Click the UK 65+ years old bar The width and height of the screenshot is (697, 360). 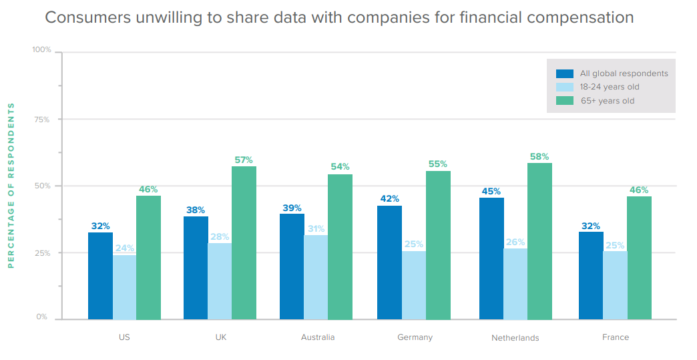[244, 242]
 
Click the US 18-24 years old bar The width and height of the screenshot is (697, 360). [124, 287]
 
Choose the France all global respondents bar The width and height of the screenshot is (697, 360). [591, 275]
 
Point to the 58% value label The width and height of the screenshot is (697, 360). [539, 157]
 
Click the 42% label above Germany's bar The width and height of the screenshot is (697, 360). [389, 198]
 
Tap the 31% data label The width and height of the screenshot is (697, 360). [316, 228]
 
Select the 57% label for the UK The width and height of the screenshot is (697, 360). [244, 160]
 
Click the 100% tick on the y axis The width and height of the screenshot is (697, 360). [41, 50]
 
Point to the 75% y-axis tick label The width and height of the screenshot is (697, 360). [43, 119]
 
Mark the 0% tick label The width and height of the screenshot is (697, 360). [42, 317]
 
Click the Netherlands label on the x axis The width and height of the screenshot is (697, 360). [515, 338]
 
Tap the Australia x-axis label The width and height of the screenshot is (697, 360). [318, 337]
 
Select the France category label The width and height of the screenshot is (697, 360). [616, 337]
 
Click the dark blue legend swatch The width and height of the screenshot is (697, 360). [565, 73]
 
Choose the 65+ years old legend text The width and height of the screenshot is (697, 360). [607, 101]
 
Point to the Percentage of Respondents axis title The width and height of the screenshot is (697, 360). [11, 185]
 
